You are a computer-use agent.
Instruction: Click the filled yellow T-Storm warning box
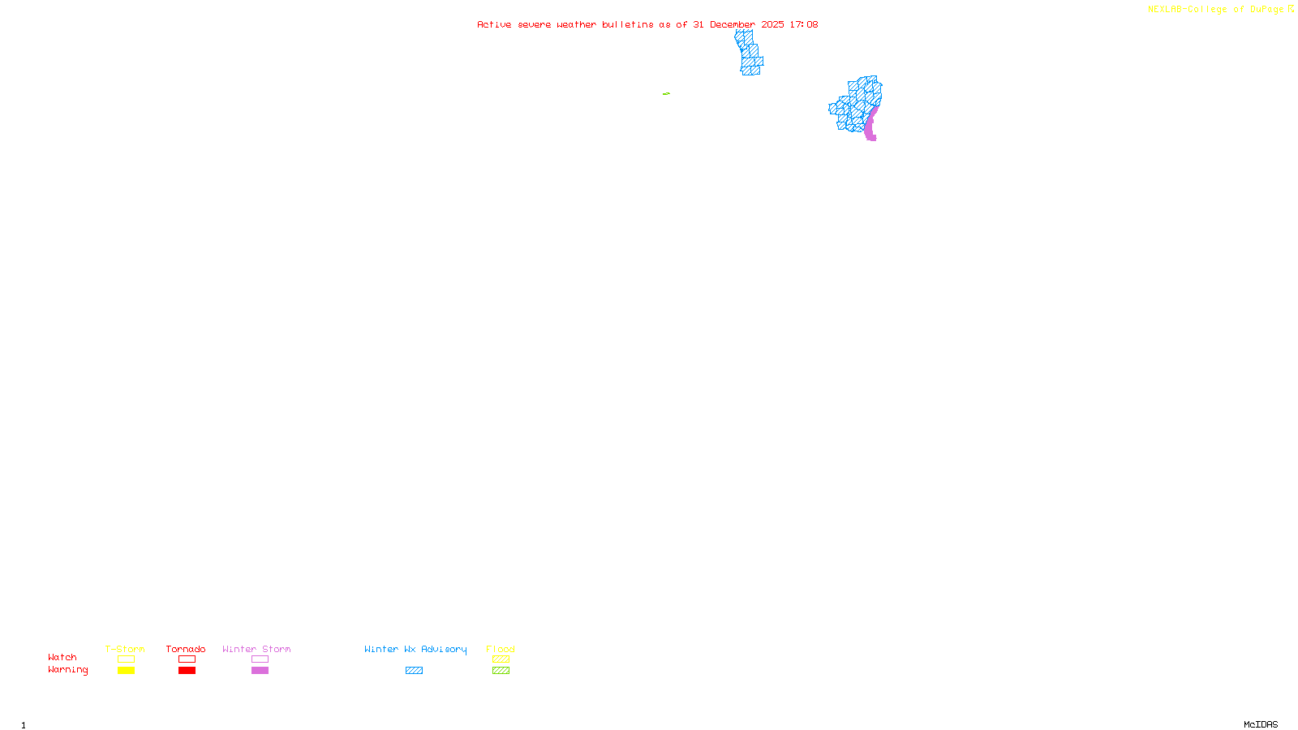(x=126, y=671)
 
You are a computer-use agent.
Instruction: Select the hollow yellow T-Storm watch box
(x=126, y=659)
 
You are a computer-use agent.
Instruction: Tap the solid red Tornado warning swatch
(x=187, y=671)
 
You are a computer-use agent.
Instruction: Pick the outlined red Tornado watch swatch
(x=187, y=659)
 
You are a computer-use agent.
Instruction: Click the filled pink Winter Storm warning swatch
(x=260, y=671)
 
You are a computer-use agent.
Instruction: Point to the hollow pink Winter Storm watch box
(x=260, y=659)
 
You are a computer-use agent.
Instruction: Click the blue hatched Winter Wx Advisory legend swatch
(x=414, y=671)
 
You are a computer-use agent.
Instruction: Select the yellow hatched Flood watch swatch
(x=501, y=659)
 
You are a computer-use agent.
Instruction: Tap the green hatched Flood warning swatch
(x=501, y=671)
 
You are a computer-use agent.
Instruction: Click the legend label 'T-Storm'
(x=125, y=649)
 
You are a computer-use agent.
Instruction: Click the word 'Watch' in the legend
(x=62, y=658)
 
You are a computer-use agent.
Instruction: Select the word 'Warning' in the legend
(x=68, y=670)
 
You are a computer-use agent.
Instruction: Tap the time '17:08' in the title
(x=804, y=25)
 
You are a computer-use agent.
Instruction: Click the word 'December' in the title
(x=733, y=25)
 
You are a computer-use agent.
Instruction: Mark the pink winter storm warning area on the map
(x=870, y=127)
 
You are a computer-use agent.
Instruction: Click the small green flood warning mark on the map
(x=666, y=94)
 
